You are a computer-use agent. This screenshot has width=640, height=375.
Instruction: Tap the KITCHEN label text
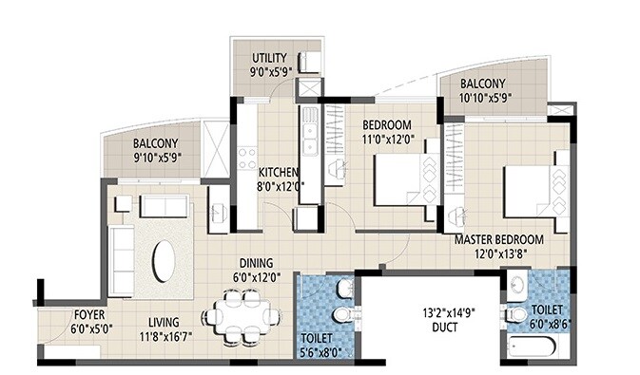280,172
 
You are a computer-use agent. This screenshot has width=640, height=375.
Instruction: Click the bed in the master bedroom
532,196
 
